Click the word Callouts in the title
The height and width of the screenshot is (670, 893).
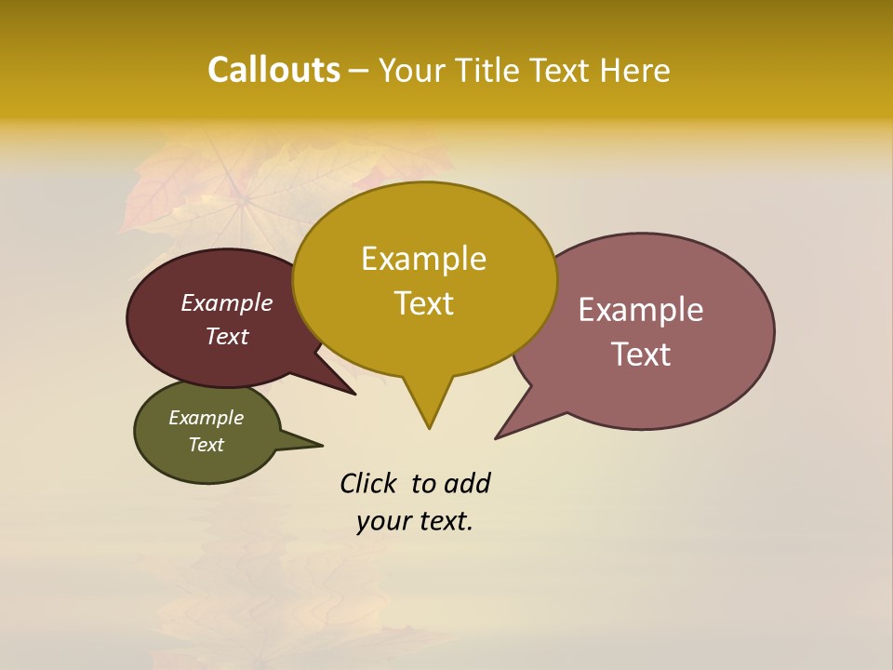click(273, 70)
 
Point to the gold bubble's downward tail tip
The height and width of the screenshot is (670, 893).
click(429, 428)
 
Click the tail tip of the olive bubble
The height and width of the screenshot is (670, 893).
click(322, 445)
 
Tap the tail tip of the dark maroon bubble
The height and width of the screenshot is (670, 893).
click(355, 395)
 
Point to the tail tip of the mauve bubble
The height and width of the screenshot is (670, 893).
click(496, 438)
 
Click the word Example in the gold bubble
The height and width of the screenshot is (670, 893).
click(423, 259)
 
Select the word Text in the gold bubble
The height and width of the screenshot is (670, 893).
click(423, 303)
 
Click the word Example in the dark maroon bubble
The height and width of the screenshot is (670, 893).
click(226, 303)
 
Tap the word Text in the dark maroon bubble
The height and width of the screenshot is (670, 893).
click(226, 336)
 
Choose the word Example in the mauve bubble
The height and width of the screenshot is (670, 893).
click(641, 310)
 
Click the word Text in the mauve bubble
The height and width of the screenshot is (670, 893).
click(641, 355)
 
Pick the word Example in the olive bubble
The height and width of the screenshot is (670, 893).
click(206, 418)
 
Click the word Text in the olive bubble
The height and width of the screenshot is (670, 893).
click(206, 445)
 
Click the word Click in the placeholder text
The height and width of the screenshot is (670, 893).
click(368, 483)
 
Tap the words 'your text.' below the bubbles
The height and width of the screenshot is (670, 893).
click(415, 521)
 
